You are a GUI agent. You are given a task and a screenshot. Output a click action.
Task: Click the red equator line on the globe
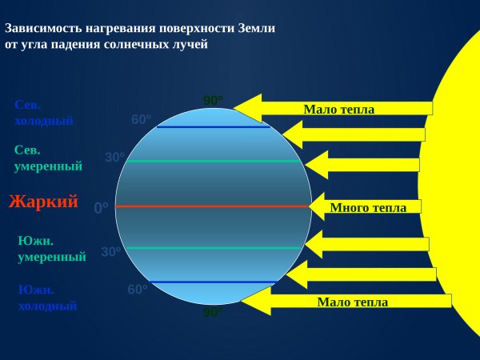click(213, 206)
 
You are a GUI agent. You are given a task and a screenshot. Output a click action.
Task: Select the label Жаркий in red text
click(43, 202)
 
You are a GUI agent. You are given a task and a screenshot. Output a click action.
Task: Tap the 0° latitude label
click(102, 208)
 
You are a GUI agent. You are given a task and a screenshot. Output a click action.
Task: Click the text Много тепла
click(368, 207)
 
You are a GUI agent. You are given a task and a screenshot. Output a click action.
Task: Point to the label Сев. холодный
click(44, 113)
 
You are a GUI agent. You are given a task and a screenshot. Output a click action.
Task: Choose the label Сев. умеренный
click(48, 158)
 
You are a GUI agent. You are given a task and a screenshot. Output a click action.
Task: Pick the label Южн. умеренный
click(51, 249)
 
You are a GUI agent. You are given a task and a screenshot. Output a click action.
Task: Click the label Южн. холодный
click(47, 297)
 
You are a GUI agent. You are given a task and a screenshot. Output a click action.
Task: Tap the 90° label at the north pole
click(213, 101)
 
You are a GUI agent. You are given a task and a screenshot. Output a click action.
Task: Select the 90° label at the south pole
click(213, 312)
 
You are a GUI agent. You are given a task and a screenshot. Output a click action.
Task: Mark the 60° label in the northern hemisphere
click(142, 120)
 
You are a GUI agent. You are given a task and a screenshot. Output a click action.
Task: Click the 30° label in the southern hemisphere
click(111, 252)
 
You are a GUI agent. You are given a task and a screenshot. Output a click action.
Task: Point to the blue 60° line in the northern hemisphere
click(213, 126)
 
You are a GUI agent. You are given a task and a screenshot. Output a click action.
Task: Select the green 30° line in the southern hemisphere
click(213, 248)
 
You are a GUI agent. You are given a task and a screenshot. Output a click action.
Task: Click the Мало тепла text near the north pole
click(338, 109)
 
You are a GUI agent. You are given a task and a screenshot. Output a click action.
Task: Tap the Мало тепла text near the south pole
click(352, 302)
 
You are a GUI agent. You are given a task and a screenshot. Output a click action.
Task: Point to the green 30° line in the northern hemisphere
click(213, 161)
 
